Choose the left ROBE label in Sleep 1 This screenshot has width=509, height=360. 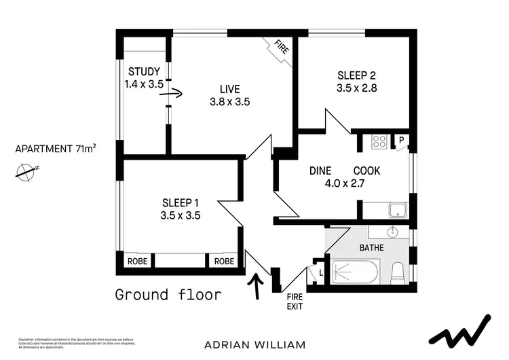(135, 262)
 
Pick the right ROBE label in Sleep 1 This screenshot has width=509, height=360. (225, 262)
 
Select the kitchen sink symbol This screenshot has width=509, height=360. (396, 210)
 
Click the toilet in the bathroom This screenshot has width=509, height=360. (398, 274)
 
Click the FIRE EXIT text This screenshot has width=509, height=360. (294, 301)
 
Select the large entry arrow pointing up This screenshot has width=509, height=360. (257, 285)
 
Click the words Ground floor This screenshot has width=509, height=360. (168, 294)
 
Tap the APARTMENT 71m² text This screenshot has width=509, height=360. (56, 149)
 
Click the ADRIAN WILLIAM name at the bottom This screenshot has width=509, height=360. (254, 344)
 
